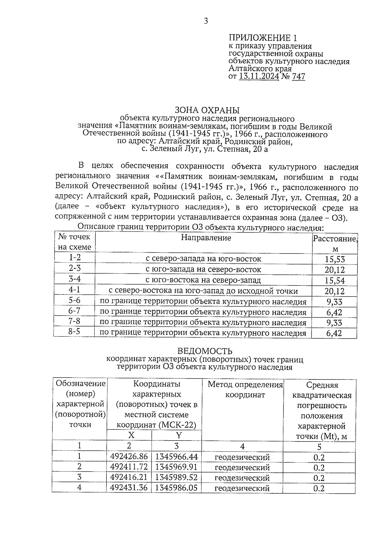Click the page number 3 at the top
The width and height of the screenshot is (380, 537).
pos(206,22)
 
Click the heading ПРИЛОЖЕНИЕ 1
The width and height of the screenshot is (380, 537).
pos(263,38)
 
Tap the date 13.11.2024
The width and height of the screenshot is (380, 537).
pos(259,76)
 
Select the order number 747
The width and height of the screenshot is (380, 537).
pos(298,76)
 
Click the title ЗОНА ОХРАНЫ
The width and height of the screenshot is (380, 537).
pos(207,110)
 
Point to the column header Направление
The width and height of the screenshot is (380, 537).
pos(206,238)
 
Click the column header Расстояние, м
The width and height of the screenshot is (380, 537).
pos(335,243)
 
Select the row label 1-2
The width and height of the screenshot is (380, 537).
pos(75,258)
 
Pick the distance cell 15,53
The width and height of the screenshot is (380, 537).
pos(335,259)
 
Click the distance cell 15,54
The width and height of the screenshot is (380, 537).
pos(335,281)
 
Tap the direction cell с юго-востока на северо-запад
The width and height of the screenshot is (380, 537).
pos(203,280)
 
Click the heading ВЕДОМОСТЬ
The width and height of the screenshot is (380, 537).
pos(205,351)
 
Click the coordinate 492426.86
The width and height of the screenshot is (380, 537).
pos(129,457)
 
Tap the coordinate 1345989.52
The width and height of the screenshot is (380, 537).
pos(176,477)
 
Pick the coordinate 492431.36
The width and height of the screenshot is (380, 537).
pos(129,488)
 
